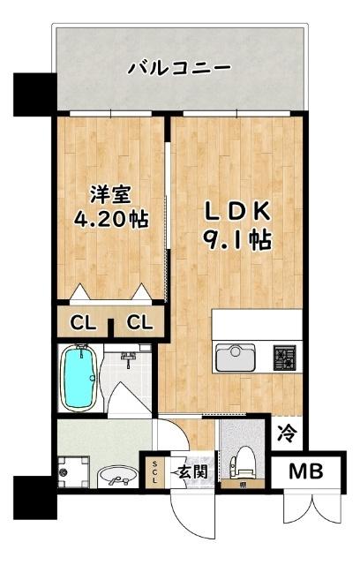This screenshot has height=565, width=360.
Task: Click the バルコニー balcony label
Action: (x=179, y=67)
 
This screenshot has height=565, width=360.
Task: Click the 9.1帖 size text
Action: (x=236, y=237)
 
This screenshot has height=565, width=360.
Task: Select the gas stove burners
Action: (x=285, y=357)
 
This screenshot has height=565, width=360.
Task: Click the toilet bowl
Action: (x=242, y=463)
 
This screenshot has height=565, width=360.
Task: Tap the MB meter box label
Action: (x=306, y=471)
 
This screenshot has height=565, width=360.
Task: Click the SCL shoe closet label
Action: (x=154, y=471)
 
